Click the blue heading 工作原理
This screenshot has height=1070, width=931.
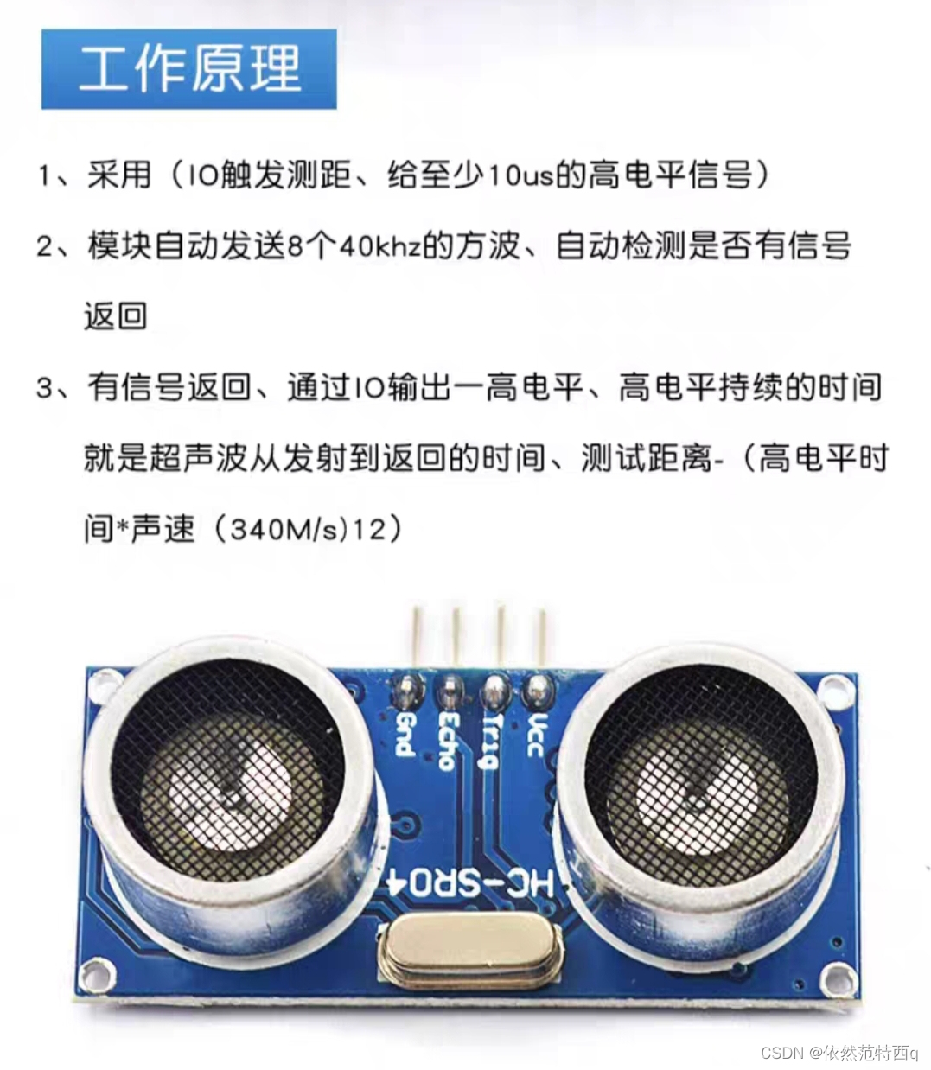click(x=188, y=69)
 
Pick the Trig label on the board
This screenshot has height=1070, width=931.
click(x=492, y=741)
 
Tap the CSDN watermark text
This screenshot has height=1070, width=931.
click(x=839, y=1053)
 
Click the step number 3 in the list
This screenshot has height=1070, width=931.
click(x=44, y=388)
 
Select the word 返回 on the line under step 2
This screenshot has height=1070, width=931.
click(x=115, y=315)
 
